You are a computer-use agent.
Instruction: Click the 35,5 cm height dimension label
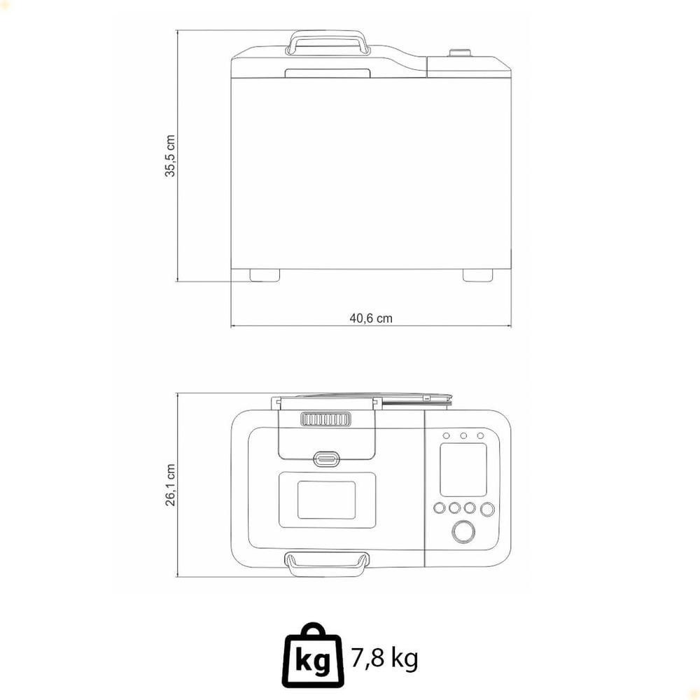click(170, 156)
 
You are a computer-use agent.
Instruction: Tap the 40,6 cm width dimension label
click(371, 318)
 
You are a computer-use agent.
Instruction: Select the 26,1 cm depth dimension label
click(170, 485)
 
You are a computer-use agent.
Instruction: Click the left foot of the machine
click(265, 275)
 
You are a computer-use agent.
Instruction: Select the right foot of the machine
click(477, 275)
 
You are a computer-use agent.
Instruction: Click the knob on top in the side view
click(460, 52)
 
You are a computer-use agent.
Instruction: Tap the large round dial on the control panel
click(463, 532)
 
